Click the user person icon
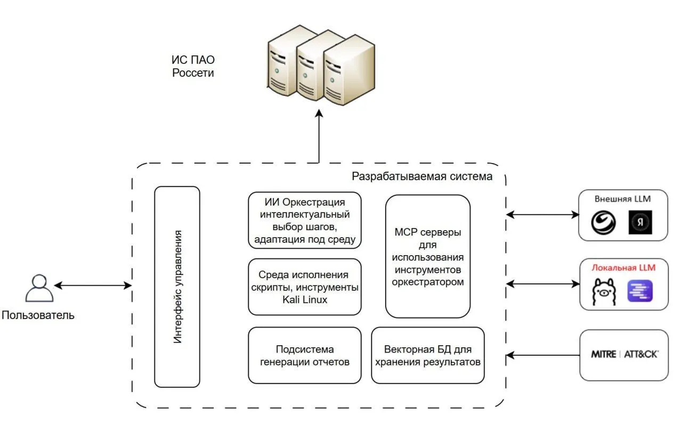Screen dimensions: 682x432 (x=39, y=288)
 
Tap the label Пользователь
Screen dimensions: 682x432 (x=38, y=315)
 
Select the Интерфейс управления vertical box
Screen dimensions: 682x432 (x=177, y=287)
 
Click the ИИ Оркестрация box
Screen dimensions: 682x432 (x=305, y=220)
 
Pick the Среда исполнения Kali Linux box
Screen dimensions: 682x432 (x=305, y=287)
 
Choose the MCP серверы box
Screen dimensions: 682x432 (x=428, y=256)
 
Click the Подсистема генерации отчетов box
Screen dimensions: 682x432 (x=305, y=355)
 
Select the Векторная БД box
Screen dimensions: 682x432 (x=428, y=355)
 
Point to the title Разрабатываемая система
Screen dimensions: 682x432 (x=422, y=176)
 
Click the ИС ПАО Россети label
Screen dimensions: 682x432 (x=193, y=67)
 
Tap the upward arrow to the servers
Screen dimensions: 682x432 (x=319, y=136)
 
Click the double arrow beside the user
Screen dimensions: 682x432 (x=93, y=286)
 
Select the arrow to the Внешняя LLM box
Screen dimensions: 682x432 (x=542, y=215)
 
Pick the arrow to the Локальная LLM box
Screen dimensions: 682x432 (x=543, y=284)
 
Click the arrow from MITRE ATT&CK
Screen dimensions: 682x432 (x=543, y=355)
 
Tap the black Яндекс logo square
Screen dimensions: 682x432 (x=640, y=222)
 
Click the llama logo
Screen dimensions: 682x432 (x=604, y=292)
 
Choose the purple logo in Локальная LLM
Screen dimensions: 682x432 (x=640, y=291)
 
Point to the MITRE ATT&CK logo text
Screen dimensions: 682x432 (x=624, y=354)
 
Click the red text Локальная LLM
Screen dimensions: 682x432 (x=623, y=267)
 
